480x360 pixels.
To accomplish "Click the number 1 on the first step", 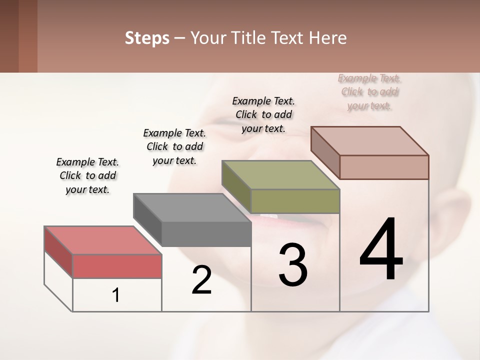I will tap(116, 295).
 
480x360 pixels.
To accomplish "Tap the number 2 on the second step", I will tap(201, 280).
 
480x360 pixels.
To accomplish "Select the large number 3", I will tap(293, 265).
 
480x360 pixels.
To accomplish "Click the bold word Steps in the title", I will tap(147, 38).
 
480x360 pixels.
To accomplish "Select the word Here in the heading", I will tap(328, 38).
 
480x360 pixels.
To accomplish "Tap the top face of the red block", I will tap(102, 240).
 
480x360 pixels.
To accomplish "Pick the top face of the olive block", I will tap(280, 175).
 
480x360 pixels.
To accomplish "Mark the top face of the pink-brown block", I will tap(369, 141).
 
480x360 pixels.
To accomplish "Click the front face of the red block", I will tap(117, 266).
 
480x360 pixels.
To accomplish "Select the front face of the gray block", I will tap(206, 234).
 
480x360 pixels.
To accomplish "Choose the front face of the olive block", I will tap(295, 201).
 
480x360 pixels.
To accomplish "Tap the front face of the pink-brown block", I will tap(384, 167).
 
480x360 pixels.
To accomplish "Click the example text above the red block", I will tap(87, 176).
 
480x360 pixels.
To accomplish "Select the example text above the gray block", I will tap(174, 146).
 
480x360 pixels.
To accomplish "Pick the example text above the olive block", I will tap(263, 114).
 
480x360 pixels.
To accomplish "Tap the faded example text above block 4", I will tap(369, 92).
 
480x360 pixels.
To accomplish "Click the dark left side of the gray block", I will tap(147, 219).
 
